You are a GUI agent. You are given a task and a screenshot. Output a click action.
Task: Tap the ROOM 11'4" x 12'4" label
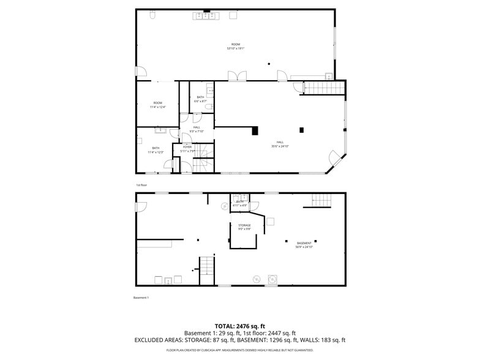click(x=158, y=105)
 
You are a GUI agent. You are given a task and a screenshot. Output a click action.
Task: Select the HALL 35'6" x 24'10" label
click(x=280, y=144)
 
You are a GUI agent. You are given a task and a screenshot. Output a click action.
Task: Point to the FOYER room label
click(x=187, y=149)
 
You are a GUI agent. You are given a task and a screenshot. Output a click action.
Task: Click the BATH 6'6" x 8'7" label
click(x=200, y=99)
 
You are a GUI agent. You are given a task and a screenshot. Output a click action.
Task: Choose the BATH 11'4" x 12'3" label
click(x=156, y=150)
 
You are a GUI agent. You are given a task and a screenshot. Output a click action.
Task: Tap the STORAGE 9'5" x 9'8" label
click(x=244, y=227)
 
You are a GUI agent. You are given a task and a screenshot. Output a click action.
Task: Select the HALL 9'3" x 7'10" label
click(x=197, y=129)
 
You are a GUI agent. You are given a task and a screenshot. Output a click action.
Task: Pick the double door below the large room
click(x=237, y=76)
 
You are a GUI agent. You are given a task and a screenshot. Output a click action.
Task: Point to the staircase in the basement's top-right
click(x=321, y=200)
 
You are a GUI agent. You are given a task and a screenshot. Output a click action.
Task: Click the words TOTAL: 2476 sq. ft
click(x=239, y=326)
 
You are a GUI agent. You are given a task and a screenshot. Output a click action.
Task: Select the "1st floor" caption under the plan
click(x=141, y=184)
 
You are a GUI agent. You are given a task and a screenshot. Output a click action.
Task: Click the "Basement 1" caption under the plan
click(x=141, y=298)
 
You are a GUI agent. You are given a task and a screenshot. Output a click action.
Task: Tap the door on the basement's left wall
click(x=141, y=206)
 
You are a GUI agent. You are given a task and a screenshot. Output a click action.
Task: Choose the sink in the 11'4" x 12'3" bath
click(x=160, y=130)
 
